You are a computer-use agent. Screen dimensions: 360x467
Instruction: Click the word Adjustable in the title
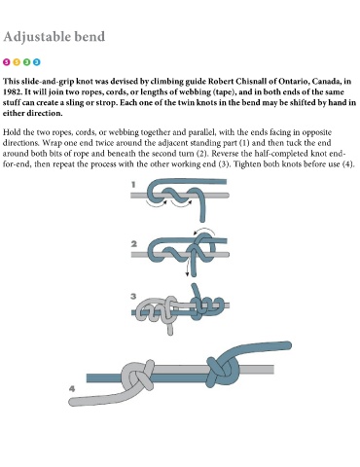click(x=36, y=37)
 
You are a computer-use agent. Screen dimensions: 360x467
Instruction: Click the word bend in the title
click(x=90, y=36)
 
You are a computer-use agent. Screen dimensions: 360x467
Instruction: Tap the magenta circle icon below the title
click(x=7, y=62)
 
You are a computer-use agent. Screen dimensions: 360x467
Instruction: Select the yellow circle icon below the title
click(x=17, y=62)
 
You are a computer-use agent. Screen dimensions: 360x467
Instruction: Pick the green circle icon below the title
click(x=26, y=62)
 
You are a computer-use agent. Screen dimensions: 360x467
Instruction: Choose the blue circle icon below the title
click(x=37, y=62)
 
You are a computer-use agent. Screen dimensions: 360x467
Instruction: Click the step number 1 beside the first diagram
click(x=133, y=185)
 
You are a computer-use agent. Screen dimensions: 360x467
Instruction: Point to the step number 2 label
click(x=133, y=244)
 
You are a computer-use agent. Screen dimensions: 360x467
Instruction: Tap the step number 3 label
click(x=133, y=296)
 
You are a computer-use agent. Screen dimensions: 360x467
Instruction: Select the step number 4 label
click(x=72, y=388)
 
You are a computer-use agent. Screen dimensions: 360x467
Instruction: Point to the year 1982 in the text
click(x=11, y=91)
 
